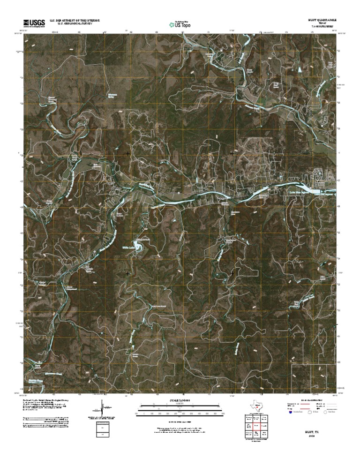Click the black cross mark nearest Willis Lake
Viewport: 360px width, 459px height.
pos(128,273)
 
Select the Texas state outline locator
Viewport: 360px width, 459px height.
pos(256,407)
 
